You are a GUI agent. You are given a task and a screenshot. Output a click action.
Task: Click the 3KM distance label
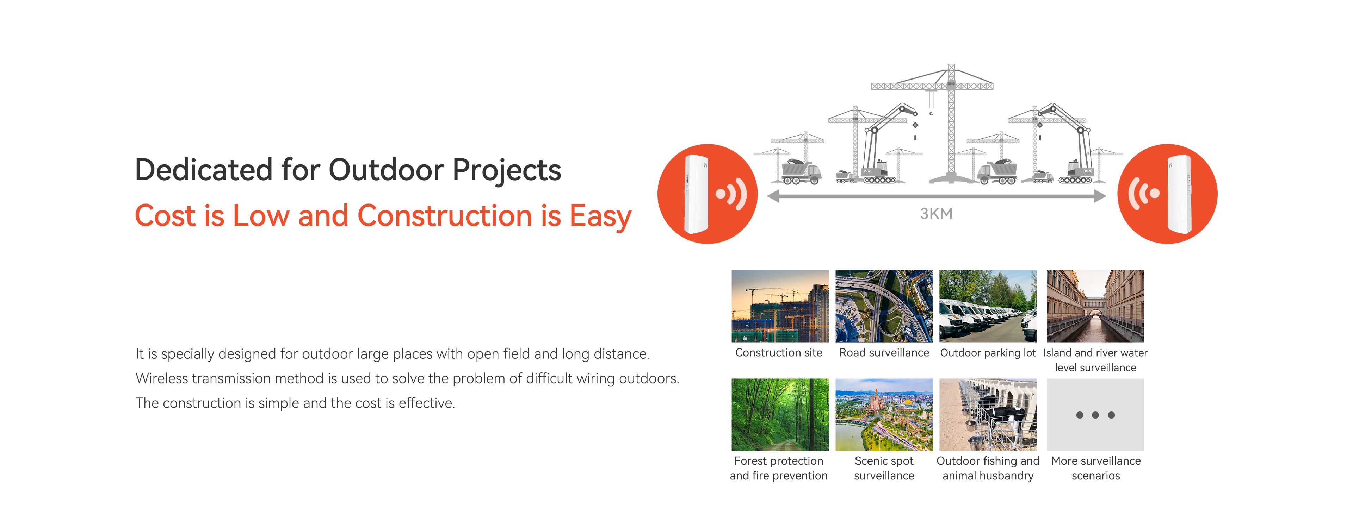tap(936, 214)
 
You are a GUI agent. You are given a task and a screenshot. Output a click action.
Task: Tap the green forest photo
tap(780, 415)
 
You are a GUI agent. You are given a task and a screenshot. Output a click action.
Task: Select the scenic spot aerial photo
tap(884, 415)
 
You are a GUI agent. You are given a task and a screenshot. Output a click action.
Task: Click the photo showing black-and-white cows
tap(988, 415)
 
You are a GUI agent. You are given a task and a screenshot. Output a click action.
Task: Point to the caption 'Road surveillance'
tap(884, 353)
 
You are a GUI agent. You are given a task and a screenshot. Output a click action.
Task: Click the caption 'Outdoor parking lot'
tap(988, 353)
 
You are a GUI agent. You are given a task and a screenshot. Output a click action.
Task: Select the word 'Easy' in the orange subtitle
tap(600, 216)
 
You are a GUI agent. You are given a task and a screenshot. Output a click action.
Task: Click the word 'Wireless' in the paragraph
tap(162, 378)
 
